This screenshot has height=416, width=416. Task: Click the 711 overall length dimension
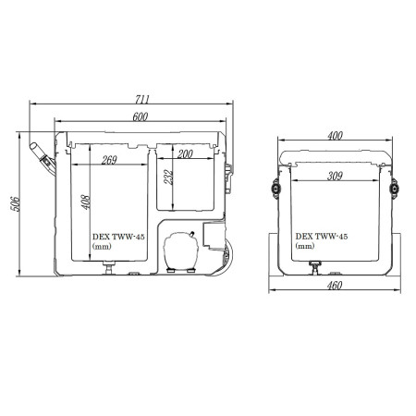tap(142, 99)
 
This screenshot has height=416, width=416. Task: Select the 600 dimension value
tap(141, 116)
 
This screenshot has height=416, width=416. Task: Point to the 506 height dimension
tap(16, 203)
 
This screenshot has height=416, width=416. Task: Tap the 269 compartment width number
tap(109, 160)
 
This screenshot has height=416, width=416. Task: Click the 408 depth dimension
tap(86, 202)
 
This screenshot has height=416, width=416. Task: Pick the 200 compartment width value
tap(185, 153)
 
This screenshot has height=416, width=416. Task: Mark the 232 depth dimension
tap(168, 177)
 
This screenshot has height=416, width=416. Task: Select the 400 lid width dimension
tap(335, 136)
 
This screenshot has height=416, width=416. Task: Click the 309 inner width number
tap(335, 176)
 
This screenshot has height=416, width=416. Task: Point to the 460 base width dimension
tap(335, 286)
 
